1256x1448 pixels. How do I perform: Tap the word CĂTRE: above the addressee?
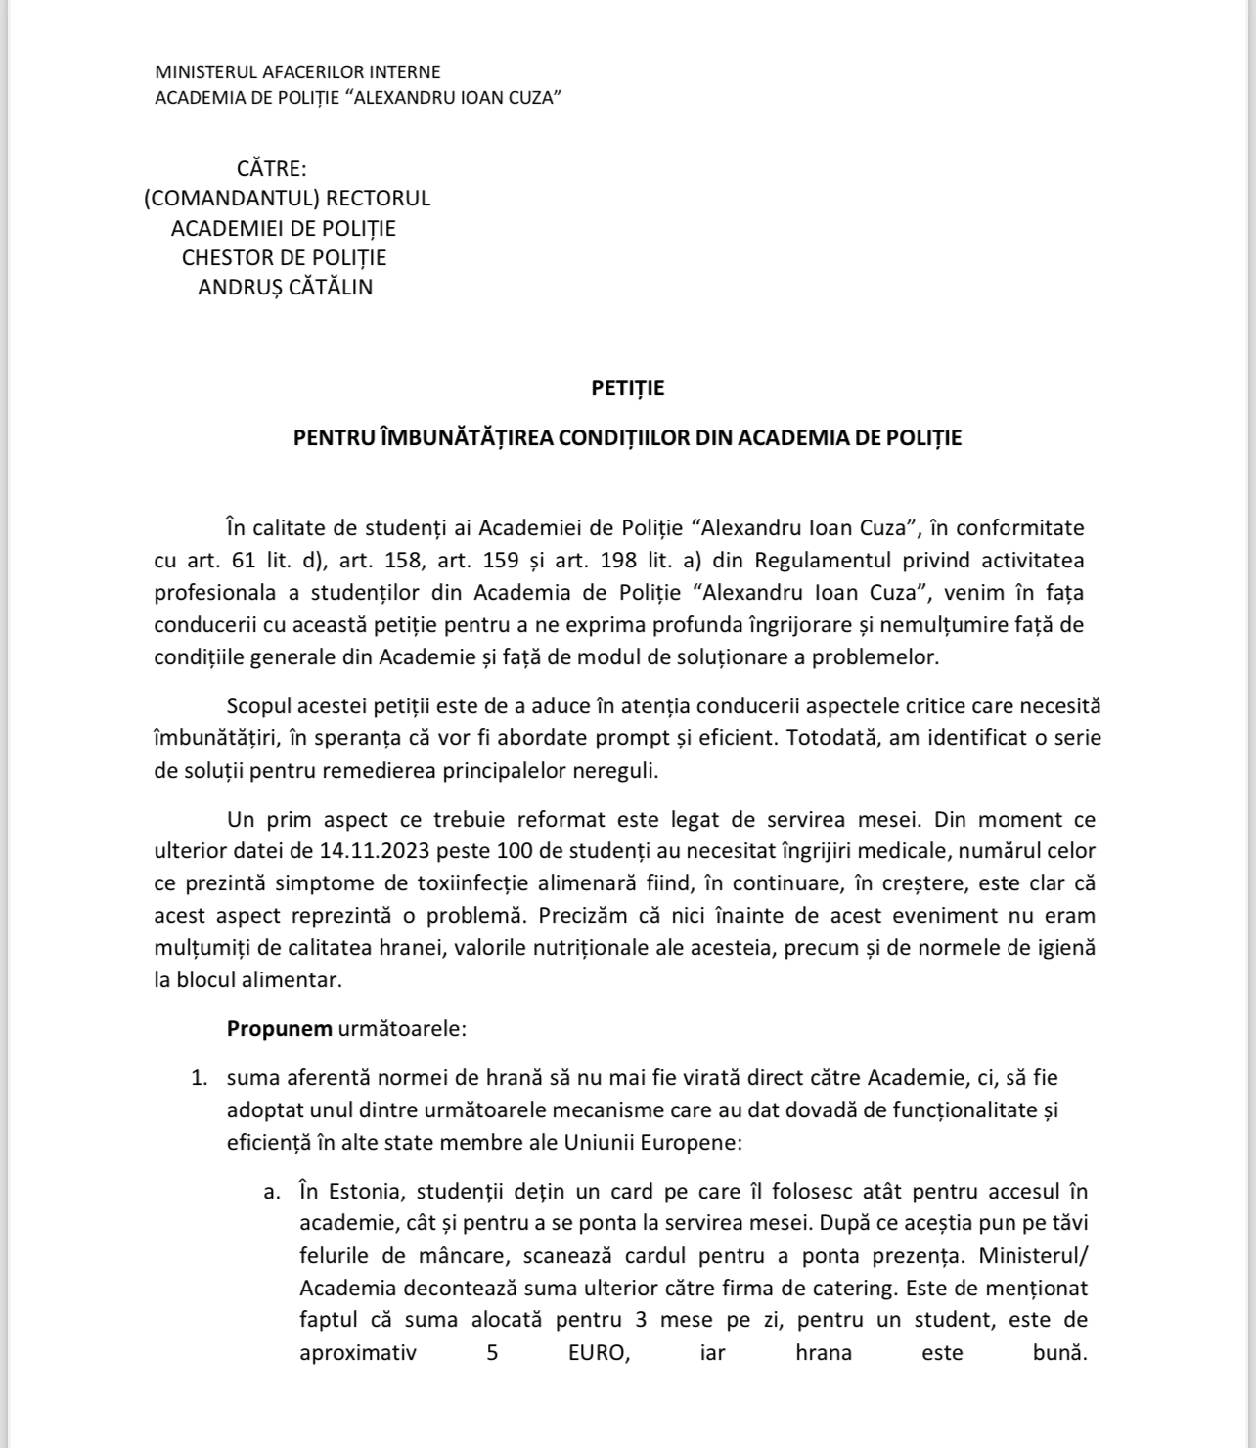[x=272, y=169]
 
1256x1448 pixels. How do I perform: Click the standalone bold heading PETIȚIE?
[x=628, y=388]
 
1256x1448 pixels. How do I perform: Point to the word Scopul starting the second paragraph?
[x=257, y=705]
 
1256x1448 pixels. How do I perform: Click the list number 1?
[x=199, y=1079]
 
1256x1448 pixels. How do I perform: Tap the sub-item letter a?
[x=272, y=1192]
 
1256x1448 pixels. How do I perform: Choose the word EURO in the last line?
[x=599, y=1354]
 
